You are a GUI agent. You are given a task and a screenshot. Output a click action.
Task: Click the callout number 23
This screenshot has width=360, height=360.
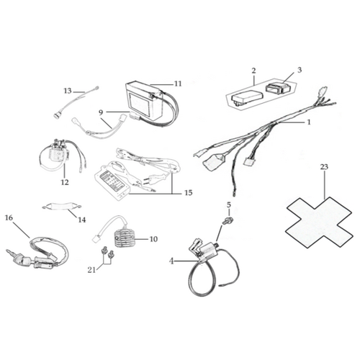pyautogui.click(x=324, y=166)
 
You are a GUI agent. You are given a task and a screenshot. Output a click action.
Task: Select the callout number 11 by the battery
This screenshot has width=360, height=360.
pyautogui.click(x=178, y=84)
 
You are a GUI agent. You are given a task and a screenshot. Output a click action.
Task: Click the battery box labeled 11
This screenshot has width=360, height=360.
pyautogui.click(x=145, y=102)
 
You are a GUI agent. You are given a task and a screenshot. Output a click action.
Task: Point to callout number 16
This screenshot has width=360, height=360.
pyautogui.click(x=9, y=217)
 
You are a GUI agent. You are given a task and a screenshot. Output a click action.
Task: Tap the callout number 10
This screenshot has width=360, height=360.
pyautogui.click(x=153, y=239)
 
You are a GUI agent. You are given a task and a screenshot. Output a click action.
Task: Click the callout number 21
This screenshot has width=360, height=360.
pyautogui.click(x=91, y=270)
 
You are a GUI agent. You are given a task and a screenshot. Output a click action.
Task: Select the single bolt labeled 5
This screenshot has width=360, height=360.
pyautogui.click(x=226, y=221)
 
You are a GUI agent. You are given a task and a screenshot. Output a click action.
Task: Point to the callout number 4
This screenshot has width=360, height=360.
pyautogui.click(x=171, y=261)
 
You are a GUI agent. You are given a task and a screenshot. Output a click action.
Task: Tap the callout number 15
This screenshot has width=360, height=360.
pyautogui.click(x=189, y=192)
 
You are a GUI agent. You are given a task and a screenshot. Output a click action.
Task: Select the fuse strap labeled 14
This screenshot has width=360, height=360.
pyautogui.click(x=62, y=206)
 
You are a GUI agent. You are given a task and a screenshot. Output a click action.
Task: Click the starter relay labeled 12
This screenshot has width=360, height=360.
pyautogui.click(x=59, y=153)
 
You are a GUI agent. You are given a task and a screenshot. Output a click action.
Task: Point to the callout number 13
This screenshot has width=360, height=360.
pyautogui.click(x=68, y=91)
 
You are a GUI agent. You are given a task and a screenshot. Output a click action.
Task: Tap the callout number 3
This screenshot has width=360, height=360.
pyautogui.click(x=300, y=70)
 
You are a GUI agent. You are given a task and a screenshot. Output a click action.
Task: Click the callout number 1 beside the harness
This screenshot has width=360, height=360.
pyautogui.click(x=309, y=122)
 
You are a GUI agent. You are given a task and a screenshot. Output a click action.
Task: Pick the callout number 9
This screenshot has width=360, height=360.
pyautogui.click(x=101, y=112)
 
